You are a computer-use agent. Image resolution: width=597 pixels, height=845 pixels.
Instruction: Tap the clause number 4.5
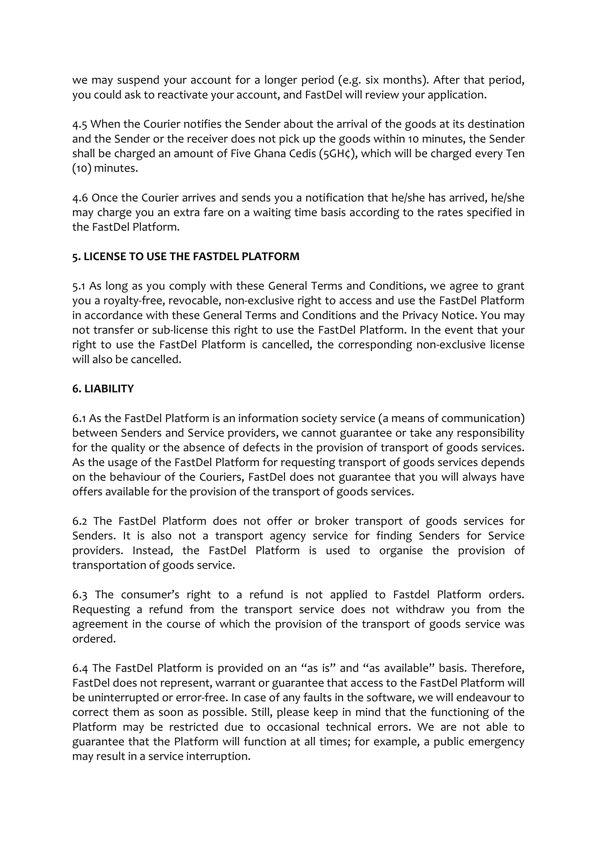pyautogui.click(x=79, y=124)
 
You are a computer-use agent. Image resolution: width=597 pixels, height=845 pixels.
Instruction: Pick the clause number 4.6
pyautogui.click(x=80, y=198)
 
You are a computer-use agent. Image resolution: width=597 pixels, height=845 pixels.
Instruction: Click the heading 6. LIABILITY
pyautogui.click(x=103, y=389)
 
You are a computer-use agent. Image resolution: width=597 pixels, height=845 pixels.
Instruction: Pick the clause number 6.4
pyautogui.click(x=80, y=668)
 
